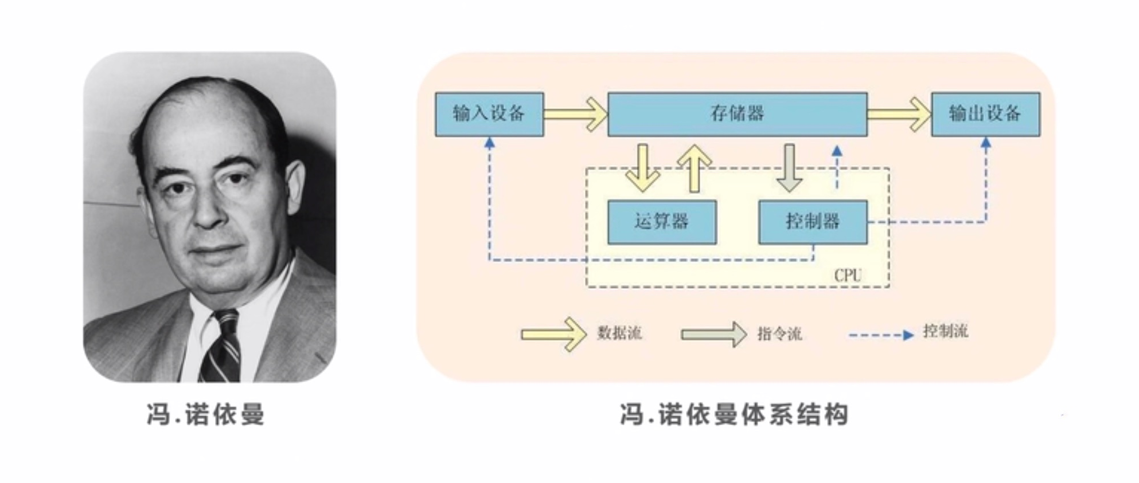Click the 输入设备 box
pos(489,114)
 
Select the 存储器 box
pos(737,114)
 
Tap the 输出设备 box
pos(985,114)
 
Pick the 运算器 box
pos(662,222)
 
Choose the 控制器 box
pos(813,222)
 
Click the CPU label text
pos(848,276)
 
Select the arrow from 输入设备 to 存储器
pos(575,114)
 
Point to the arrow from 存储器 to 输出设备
pos(899,114)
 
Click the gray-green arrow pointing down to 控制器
pos(789,168)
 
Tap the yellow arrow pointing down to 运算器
pos(642,168)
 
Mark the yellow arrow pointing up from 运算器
pos(695,168)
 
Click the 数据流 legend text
pos(619,333)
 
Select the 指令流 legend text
pos(779,333)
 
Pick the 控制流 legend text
pos(945,331)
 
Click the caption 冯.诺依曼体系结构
pos(734,414)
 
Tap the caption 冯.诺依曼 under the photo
pos(206,414)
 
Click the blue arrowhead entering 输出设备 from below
pos(986,142)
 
